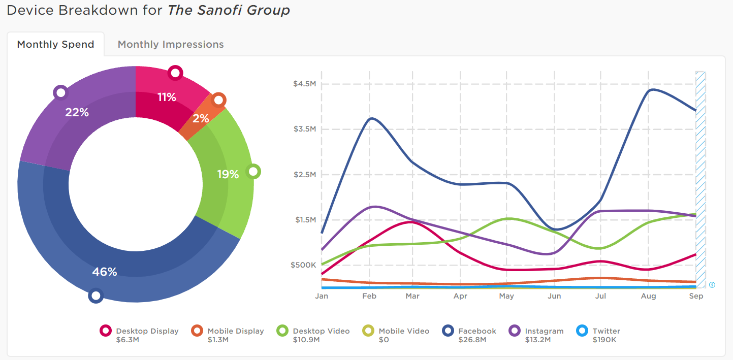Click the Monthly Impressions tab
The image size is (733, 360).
pos(171,45)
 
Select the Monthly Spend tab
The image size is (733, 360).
pos(55,45)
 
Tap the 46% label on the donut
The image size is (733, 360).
pos(105,272)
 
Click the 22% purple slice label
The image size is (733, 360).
pos(77,112)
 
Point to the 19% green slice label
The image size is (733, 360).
pos(228,175)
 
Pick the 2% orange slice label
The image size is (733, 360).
pos(201,118)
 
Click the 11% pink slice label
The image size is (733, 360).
pos(167,97)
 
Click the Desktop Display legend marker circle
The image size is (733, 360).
pos(106,331)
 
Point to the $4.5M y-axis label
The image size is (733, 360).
pos(304,84)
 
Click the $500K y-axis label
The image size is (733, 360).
pos(304,265)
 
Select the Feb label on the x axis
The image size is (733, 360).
pos(369,296)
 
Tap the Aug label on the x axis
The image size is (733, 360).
pos(648,296)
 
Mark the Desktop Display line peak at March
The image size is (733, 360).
pos(412,222)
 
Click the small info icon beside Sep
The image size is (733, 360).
pos(712,285)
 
